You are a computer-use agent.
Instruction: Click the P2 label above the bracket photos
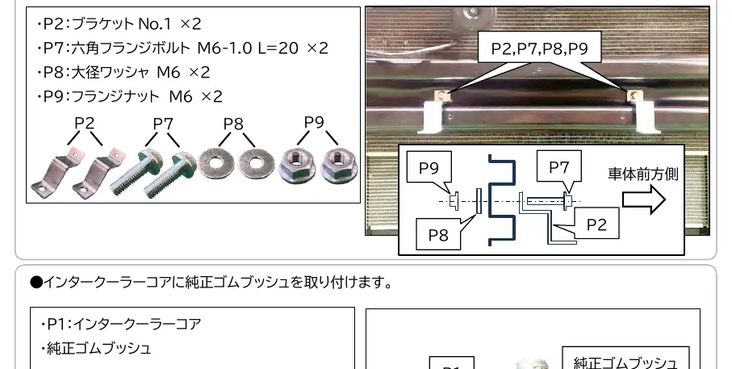85,123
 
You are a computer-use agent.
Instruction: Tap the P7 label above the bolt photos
163,124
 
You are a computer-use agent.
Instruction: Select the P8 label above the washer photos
233,124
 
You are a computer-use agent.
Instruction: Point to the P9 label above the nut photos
314,122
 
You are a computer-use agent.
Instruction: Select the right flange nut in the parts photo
337,167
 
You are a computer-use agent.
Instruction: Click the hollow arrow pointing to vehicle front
644,199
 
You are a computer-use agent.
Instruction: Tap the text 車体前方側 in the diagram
643,174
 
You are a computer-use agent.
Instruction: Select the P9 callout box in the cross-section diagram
429,168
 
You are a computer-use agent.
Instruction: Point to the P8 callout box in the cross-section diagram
438,234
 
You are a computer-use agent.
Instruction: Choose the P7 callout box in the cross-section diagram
558,166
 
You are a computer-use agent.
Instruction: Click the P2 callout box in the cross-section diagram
596,224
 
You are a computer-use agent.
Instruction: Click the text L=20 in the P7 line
278,48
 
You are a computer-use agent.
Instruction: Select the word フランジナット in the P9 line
115,96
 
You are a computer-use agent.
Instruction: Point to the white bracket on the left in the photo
430,117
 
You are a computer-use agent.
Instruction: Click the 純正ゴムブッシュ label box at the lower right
625,359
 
